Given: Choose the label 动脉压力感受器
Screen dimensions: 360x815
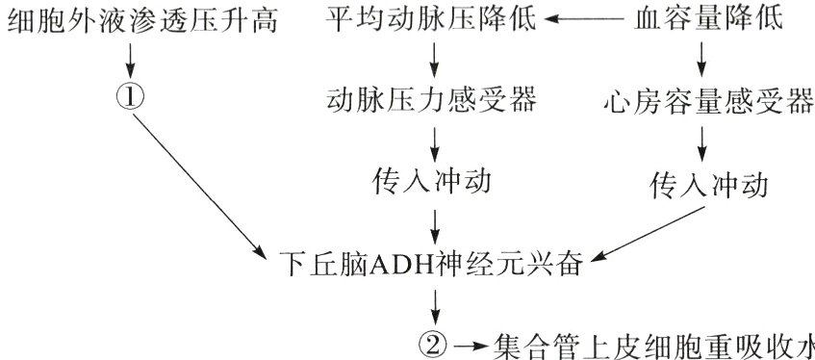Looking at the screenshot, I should pos(432,99).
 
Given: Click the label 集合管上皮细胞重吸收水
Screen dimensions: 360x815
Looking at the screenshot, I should pos(654,345).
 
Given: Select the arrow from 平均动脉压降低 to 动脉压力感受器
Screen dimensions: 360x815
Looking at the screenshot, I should pos(434,59).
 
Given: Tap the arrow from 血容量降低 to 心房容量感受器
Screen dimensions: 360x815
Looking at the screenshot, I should pos(702,59).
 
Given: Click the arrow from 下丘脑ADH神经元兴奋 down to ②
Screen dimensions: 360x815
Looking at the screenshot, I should pos(436,304).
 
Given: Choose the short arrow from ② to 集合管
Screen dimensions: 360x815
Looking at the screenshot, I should pos(472,344).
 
